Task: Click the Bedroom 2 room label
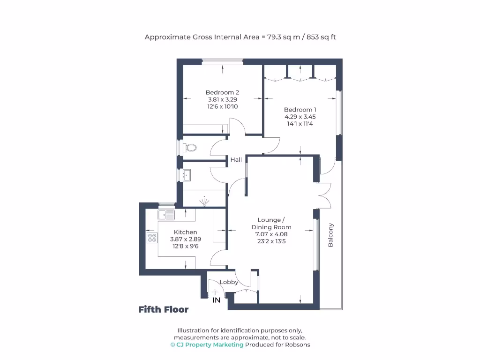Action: click(x=223, y=92)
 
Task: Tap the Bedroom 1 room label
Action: click(x=300, y=110)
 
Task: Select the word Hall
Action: click(x=236, y=160)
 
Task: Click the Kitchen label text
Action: click(x=186, y=232)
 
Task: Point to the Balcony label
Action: click(x=330, y=235)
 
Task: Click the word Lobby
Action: click(x=229, y=282)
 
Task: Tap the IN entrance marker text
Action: click(x=216, y=300)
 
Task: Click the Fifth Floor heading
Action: click(x=164, y=309)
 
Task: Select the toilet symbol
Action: click(x=190, y=148)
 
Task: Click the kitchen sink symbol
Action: click(x=166, y=215)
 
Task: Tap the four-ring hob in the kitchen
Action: click(x=152, y=238)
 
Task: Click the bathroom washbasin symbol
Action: click(x=187, y=175)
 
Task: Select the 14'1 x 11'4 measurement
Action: click(x=300, y=124)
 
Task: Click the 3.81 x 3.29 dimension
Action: click(x=223, y=99)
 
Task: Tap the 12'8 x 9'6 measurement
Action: click(x=186, y=246)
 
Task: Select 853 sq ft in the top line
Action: click(x=321, y=37)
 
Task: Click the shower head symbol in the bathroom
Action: click(x=204, y=202)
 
